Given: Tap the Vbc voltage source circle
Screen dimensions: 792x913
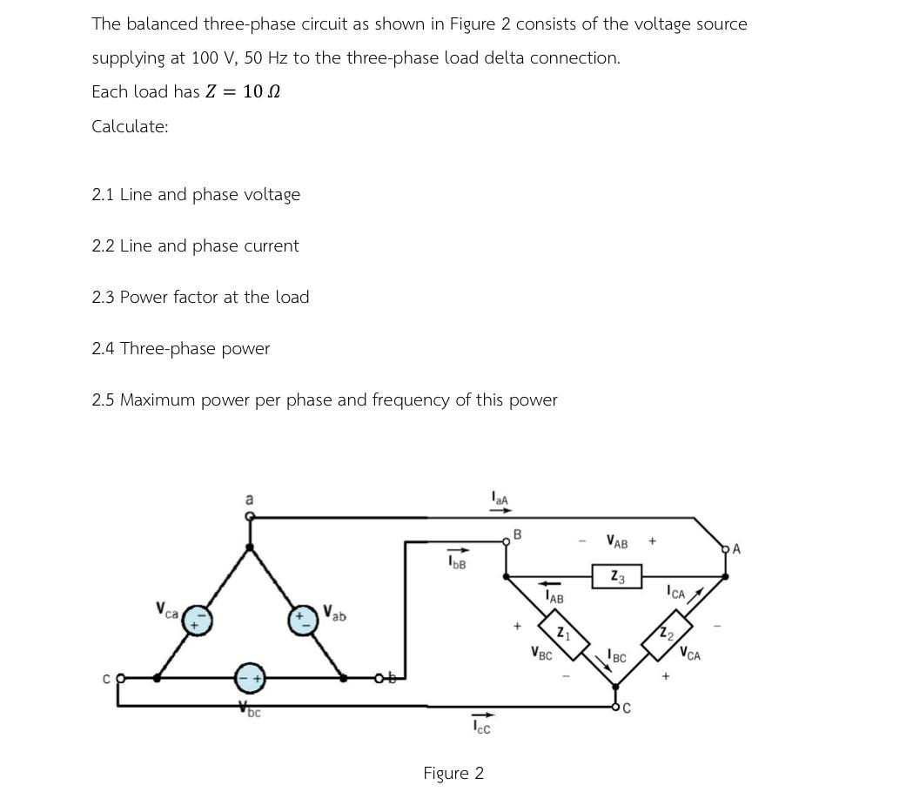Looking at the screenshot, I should pyautogui.click(x=250, y=677).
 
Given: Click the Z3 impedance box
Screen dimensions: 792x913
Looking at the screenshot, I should pyautogui.click(x=617, y=576).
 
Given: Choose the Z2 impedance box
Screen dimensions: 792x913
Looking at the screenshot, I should pyautogui.click(x=667, y=633).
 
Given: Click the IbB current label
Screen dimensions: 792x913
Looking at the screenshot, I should pyautogui.click(x=457, y=563).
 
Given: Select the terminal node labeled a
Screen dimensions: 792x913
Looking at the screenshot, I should pyautogui.click(x=250, y=517).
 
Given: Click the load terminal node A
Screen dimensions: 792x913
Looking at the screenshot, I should pyautogui.click(x=726, y=549).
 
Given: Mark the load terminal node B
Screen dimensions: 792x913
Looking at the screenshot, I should pyautogui.click(x=507, y=542).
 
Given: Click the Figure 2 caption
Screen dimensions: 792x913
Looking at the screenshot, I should pyautogui.click(x=453, y=773).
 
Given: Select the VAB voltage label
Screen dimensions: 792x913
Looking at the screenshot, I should pyautogui.click(x=617, y=543).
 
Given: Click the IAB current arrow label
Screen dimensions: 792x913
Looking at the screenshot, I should pyautogui.click(x=554, y=598).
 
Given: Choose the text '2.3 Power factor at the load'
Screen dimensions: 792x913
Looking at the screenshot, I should pyautogui.click(x=200, y=297).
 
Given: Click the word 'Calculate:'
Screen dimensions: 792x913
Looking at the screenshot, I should pyautogui.click(x=130, y=126).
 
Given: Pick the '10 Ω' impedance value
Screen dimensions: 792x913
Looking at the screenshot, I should pyautogui.click(x=261, y=91).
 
